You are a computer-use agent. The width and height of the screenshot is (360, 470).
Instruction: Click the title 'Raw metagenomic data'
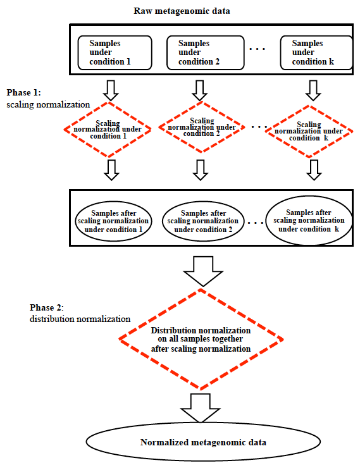tap(182, 11)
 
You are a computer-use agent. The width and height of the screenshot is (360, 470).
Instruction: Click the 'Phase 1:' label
tap(23, 92)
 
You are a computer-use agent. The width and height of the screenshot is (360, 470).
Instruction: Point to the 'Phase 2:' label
tap(46, 307)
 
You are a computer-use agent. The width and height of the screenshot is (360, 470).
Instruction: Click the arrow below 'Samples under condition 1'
tap(111, 90)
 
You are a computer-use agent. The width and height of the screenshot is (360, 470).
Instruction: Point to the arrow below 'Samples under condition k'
tap(313, 90)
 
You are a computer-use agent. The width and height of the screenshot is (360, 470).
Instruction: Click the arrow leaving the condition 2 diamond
tap(201, 170)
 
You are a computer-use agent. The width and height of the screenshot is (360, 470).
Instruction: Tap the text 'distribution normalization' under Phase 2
tap(80, 319)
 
